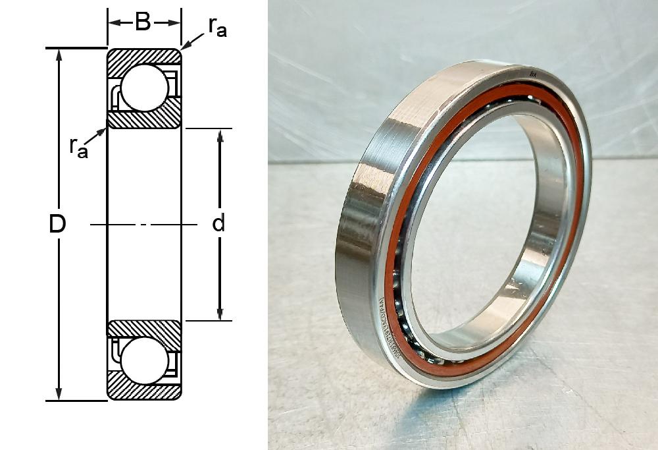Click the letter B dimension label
click(143, 22)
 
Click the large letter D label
click(58, 224)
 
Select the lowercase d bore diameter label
click(218, 224)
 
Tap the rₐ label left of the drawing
click(79, 146)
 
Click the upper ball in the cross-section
click(145, 88)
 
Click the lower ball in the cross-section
click(145, 362)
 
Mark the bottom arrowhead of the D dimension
click(60, 394)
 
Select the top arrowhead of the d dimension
click(220, 135)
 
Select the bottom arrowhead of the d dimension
click(220, 314)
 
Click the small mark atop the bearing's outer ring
click(534, 75)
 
